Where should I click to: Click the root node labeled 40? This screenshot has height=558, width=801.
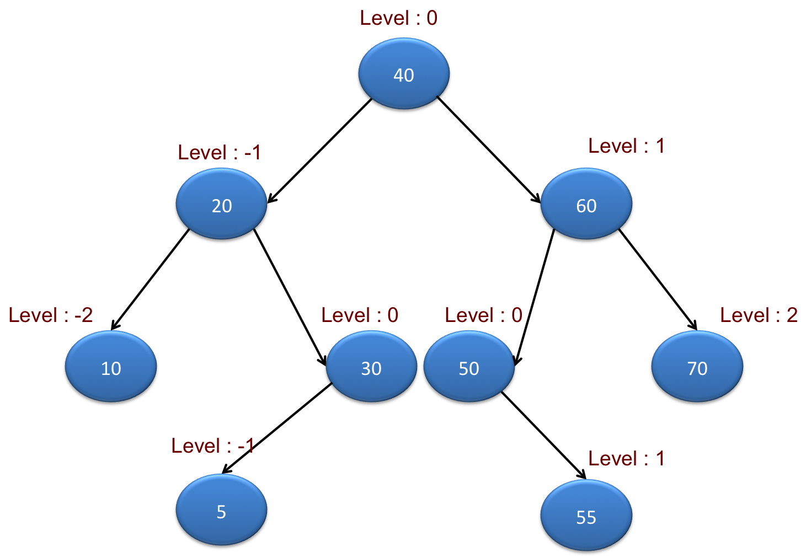(404, 74)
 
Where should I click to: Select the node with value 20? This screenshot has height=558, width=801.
(221, 204)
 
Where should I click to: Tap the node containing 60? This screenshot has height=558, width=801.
(586, 204)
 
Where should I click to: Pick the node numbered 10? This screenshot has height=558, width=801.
(111, 367)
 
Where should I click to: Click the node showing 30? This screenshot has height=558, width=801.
(371, 367)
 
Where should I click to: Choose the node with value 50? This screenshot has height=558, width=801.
(469, 367)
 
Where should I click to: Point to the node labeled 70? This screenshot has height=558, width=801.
(697, 367)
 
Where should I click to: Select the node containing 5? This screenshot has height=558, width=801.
(221, 510)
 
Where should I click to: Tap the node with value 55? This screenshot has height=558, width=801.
(586, 516)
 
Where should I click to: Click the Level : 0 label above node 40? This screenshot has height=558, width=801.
(398, 18)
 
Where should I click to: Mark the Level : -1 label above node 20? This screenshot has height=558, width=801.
(219, 153)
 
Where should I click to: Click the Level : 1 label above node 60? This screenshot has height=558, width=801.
(626, 146)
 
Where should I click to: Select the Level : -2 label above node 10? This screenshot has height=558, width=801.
(50, 315)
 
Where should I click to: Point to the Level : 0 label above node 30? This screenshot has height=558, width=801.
(360, 315)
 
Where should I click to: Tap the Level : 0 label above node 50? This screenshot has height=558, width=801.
(483, 315)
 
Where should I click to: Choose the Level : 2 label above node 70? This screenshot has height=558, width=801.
(759, 315)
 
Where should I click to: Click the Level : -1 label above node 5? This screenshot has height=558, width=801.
(212, 446)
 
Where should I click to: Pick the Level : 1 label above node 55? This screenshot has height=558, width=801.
(626, 459)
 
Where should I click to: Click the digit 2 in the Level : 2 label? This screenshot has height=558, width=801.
(792, 315)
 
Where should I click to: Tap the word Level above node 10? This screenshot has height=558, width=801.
(33, 315)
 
